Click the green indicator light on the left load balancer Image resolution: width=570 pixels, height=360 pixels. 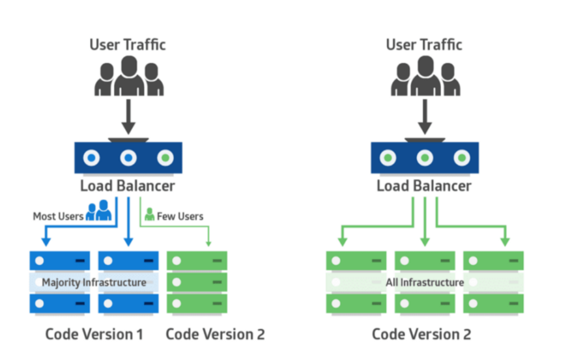pyautogui.click(x=165, y=158)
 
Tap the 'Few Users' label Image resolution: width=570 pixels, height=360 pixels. pyautogui.click(x=180, y=217)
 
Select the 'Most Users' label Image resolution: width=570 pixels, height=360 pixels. pyautogui.click(x=58, y=217)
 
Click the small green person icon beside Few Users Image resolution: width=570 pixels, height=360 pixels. pyautogui.click(x=149, y=214)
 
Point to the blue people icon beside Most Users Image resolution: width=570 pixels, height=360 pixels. pyautogui.click(x=99, y=210)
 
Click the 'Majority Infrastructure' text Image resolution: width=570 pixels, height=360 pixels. pyautogui.click(x=94, y=283)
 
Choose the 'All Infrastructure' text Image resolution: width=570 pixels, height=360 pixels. pyautogui.click(x=425, y=283)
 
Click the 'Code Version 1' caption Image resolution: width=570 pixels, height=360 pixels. pyautogui.click(x=94, y=334)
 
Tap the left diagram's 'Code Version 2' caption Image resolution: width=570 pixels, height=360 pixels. pyautogui.click(x=215, y=334)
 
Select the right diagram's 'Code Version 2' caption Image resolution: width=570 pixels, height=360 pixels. pyautogui.click(x=421, y=334)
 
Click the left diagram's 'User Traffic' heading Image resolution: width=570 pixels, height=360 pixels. pyautogui.click(x=128, y=45)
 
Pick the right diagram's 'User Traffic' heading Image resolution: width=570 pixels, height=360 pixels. pyautogui.click(x=424, y=45)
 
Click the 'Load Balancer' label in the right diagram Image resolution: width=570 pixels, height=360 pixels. pyautogui.click(x=424, y=186)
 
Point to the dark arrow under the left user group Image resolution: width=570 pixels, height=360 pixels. pyautogui.click(x=128, y=117)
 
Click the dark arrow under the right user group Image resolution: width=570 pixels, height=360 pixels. pyautogui.click(x=425, y=117)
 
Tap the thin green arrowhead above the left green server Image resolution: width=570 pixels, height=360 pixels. pyautogui.click(x=208, y=243)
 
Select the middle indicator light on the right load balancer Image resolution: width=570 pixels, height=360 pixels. pyautogui.click(x=425, y=158)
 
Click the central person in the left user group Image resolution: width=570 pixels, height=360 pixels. pyautogui.click(x=129, y=76)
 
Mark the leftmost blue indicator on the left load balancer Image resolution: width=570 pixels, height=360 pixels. pyautogui.click(x=92, y=158)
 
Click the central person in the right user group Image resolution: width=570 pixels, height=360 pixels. pyautogui.click(x=425, y=76)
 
